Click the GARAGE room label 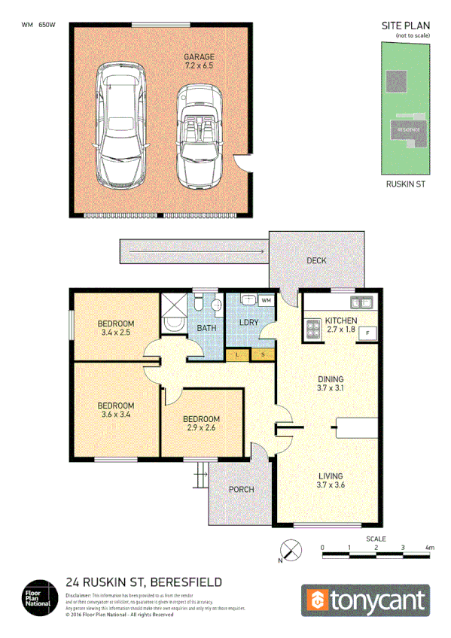tap(200, 56)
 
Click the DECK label tap(316, 261)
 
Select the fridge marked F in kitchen tap(367, 333)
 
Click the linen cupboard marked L tap(237, 354)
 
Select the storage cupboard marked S tap(262, 354)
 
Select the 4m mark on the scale tap(430, 547)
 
